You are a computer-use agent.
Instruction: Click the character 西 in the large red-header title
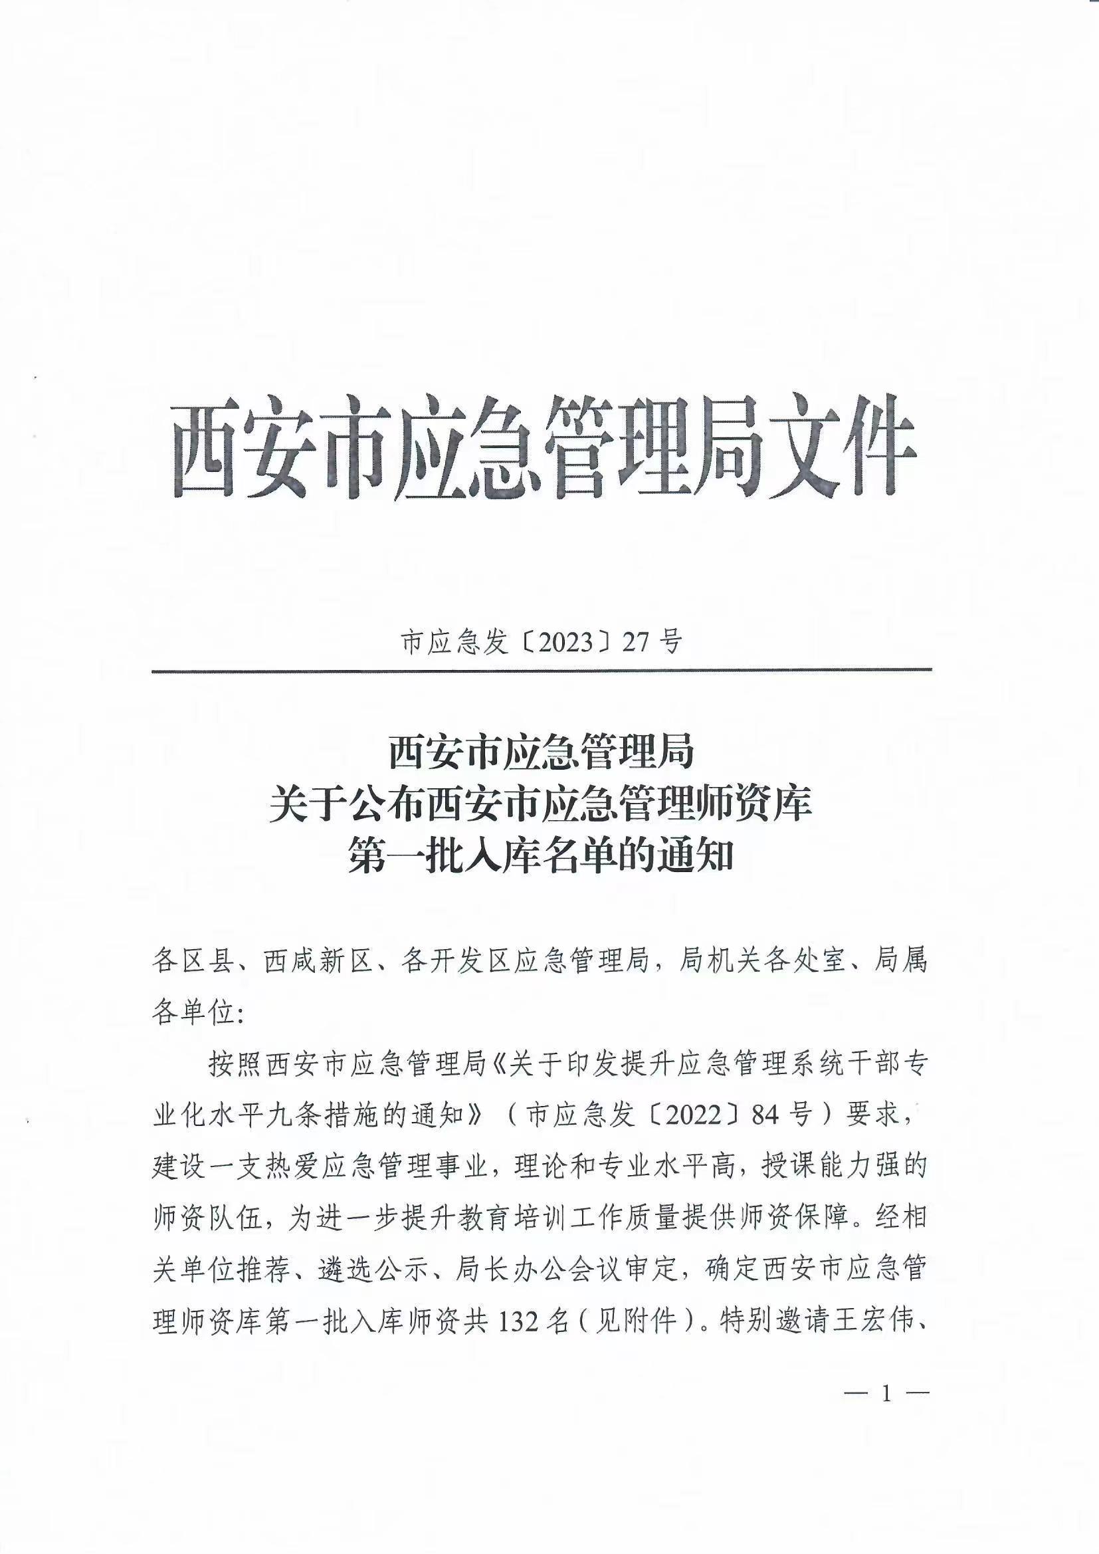207,447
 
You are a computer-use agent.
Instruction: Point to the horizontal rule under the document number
542,670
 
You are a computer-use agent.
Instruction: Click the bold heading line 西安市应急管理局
542,752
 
